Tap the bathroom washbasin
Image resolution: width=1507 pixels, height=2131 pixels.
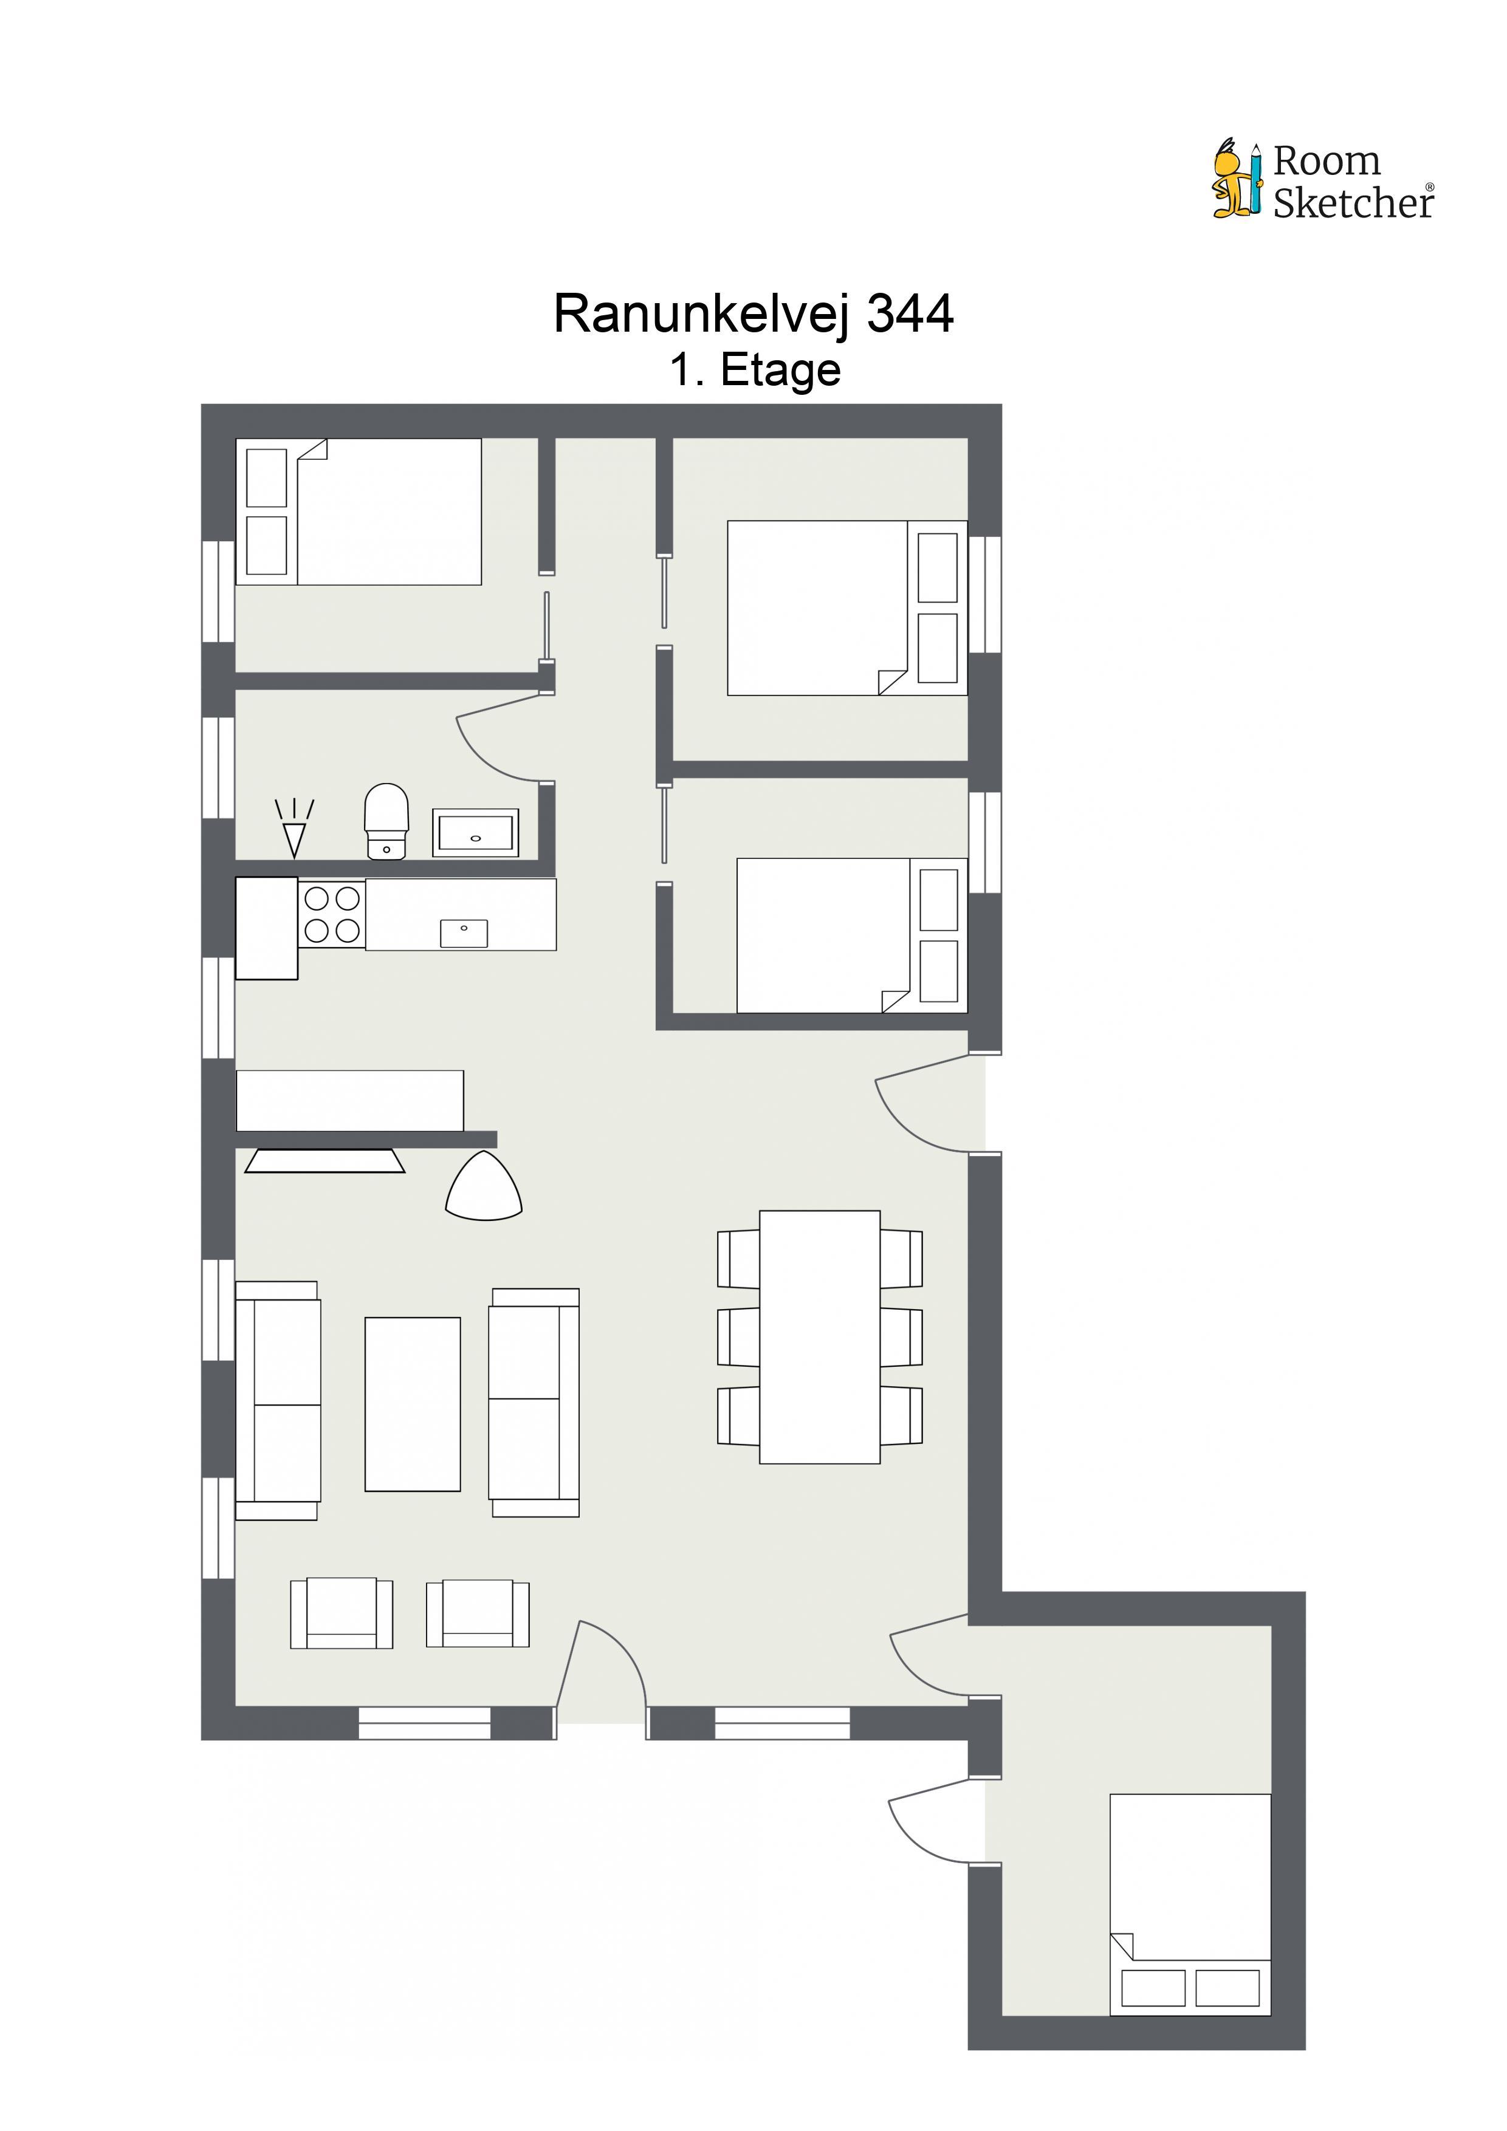(475, 833)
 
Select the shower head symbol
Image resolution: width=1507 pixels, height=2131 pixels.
(294, 828)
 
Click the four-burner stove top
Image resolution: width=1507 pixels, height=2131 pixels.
(332, 914)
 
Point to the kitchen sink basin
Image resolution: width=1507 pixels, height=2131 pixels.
(463, 933)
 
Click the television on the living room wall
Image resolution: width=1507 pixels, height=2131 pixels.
(324, 1161)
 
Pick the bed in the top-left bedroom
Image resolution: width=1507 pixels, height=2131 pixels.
(359, 511)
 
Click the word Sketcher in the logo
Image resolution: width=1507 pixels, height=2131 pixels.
(1354, 202)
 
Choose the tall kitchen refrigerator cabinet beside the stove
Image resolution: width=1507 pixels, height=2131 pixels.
(267, 928)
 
